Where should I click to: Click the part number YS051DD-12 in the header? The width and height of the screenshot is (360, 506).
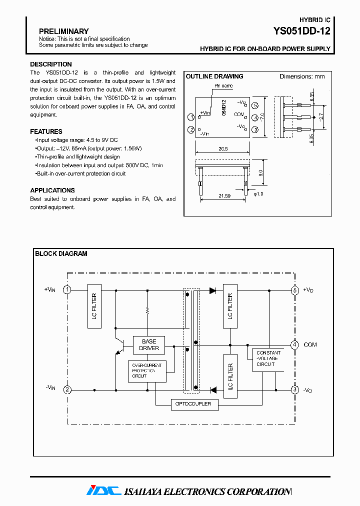click(301, 31)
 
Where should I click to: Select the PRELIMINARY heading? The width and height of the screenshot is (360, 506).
click(63, 31)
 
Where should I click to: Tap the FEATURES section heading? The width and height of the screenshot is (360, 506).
click(46, 131)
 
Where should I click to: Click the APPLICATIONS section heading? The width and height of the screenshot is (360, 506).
click(52, 190)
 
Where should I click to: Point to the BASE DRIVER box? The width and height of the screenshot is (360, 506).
click(149, 345)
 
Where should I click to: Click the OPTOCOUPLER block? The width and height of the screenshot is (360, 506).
click(194, 404)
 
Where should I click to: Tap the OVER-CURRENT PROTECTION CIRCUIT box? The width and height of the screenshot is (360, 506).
click(147, 371)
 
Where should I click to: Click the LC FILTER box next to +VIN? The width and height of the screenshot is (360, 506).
click(94, 306)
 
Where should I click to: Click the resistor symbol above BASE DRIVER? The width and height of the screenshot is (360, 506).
click(147, 310)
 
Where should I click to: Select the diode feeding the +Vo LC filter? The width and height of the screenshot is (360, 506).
click(212, 290)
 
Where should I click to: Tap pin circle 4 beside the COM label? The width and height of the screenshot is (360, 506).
click(295, 344)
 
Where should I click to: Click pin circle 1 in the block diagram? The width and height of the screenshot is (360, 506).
click(66, 290)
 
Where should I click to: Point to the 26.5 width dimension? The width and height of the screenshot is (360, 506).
click(223, 148)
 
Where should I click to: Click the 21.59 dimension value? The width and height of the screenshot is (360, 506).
click(224, 195)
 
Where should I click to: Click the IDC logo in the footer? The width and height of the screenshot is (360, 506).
click(103, 491)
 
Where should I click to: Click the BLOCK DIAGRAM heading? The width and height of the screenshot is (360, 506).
click(61, 253)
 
